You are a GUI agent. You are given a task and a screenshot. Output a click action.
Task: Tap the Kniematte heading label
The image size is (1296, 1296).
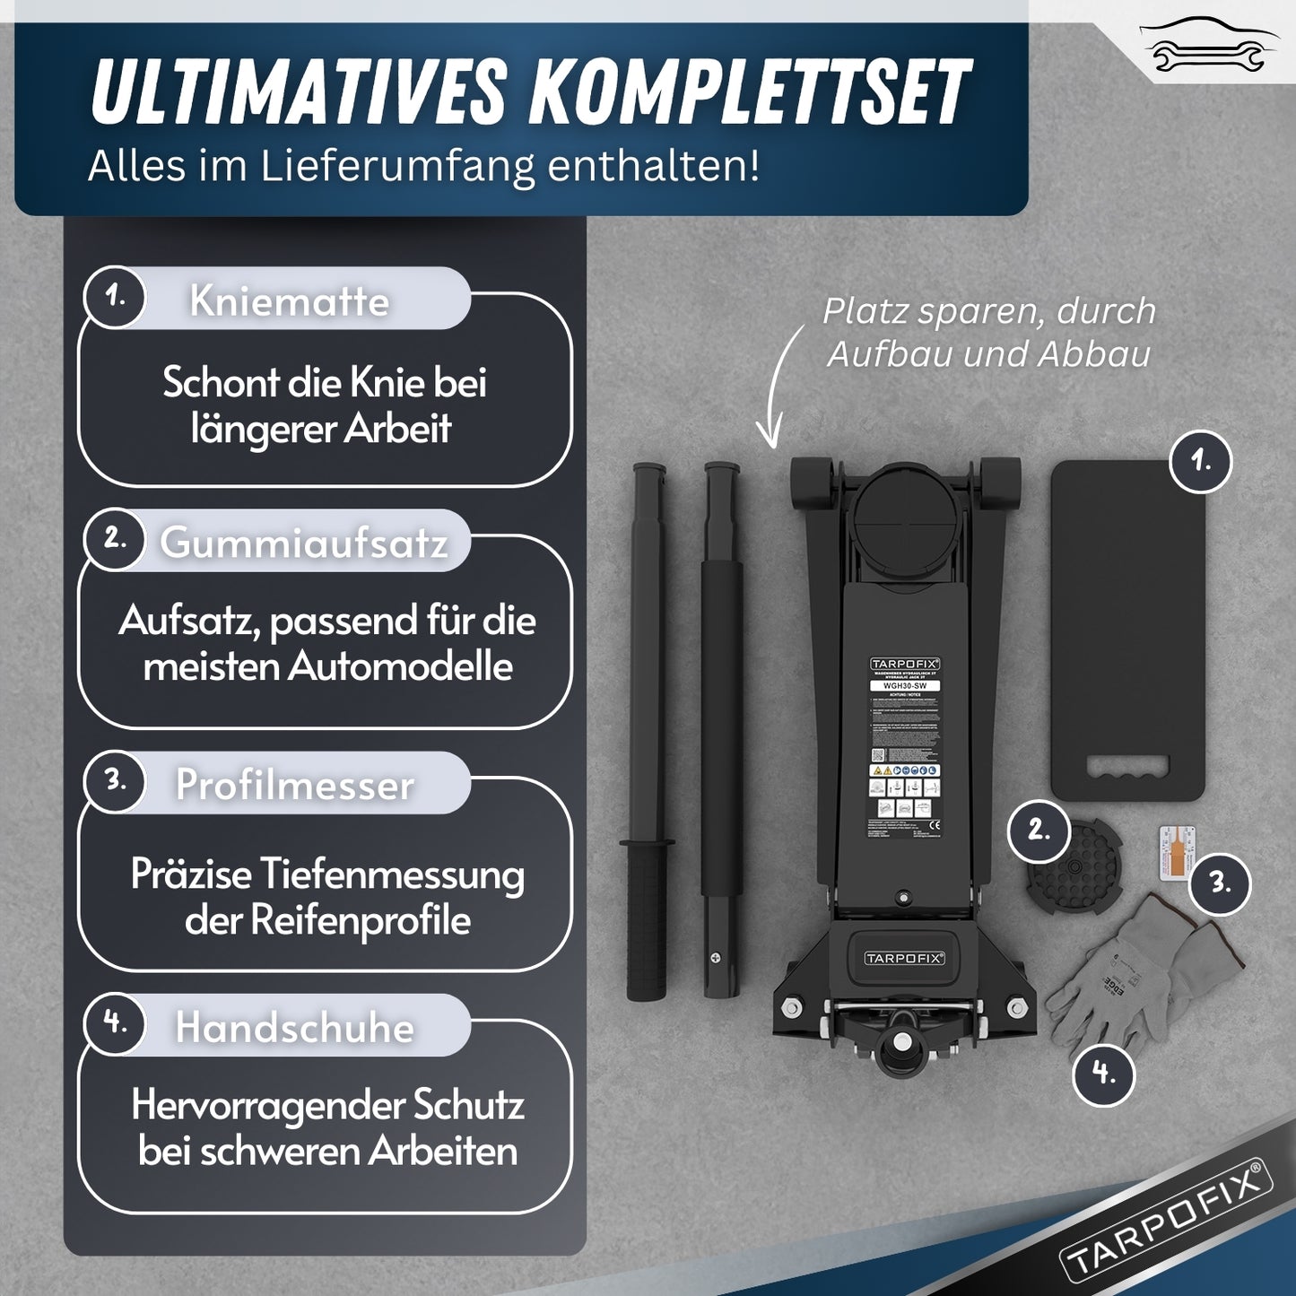coord(289,300)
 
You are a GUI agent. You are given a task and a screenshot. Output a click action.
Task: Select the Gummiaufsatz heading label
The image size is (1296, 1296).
coord(303,543)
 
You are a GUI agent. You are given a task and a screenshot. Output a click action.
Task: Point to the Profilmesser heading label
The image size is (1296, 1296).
coord(294,785)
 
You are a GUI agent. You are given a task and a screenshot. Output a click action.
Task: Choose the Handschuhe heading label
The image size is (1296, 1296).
coord(294,1027)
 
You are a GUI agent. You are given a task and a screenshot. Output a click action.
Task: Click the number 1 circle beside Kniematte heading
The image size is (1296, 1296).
coord(115,296)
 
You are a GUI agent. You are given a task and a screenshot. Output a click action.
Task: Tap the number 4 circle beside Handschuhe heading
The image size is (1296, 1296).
coord(115,1022)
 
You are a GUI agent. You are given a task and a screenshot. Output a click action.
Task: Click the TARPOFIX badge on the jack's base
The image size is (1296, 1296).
coord(904,958)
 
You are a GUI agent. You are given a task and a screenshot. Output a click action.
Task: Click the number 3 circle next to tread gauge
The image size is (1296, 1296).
coord(1220,883)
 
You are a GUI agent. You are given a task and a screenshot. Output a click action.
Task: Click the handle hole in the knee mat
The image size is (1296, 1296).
coord(1127,768)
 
